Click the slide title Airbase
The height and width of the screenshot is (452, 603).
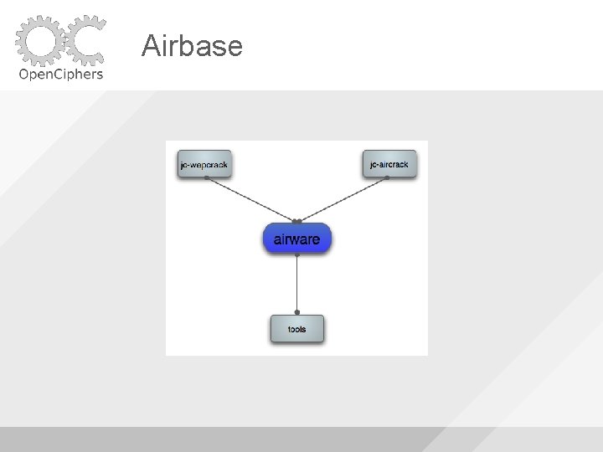[x=192, y=45]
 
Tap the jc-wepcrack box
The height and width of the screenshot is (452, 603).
[x=204, y=164]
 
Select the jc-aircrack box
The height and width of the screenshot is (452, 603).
[x=389, y=164]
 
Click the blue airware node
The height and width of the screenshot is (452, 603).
[x=297, y=239]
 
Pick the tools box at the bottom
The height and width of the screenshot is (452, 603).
[x=296, y=329]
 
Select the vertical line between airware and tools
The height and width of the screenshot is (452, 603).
[x=297, y=285]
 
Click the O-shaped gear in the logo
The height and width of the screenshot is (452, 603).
[x=39, y=40]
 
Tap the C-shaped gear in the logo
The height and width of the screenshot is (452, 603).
[x=85, y=40]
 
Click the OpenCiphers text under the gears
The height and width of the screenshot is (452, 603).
[x=61, y=74]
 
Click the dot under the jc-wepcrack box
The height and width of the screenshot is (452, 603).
[x=206, y=178]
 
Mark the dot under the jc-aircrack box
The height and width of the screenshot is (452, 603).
[x=388, y=178]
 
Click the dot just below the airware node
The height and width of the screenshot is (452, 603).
[x=297, y=254]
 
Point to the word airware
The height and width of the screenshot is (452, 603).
[x=297, y=239]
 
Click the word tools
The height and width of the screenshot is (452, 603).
[x=296, y=330]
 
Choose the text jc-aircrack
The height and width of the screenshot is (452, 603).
[x=389, y=165]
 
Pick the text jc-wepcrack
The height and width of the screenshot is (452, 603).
[x=204, y=165]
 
